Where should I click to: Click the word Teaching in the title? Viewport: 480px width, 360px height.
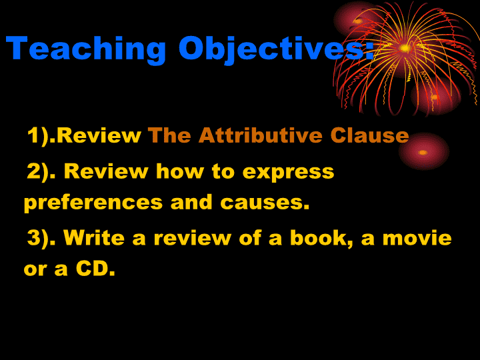pos(86,49)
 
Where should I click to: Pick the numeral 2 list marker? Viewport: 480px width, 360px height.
pos(34,171)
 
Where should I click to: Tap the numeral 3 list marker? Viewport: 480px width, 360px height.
pos(34,237)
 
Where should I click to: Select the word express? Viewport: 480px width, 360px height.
pos(288,173)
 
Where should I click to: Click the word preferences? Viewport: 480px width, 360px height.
pos(93,203)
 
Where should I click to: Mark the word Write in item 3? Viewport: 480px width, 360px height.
pos(94,237)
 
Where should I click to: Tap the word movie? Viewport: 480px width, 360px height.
pos(417,238)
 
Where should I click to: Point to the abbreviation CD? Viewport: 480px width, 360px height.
pos(92,269)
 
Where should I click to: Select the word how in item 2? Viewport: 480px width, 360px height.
pos(180,171)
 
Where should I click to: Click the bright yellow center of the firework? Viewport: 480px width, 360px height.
pos(405,48)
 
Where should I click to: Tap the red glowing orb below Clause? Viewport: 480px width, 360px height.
pos(423,151)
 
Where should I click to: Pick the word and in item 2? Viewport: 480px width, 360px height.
pos(191,203)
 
